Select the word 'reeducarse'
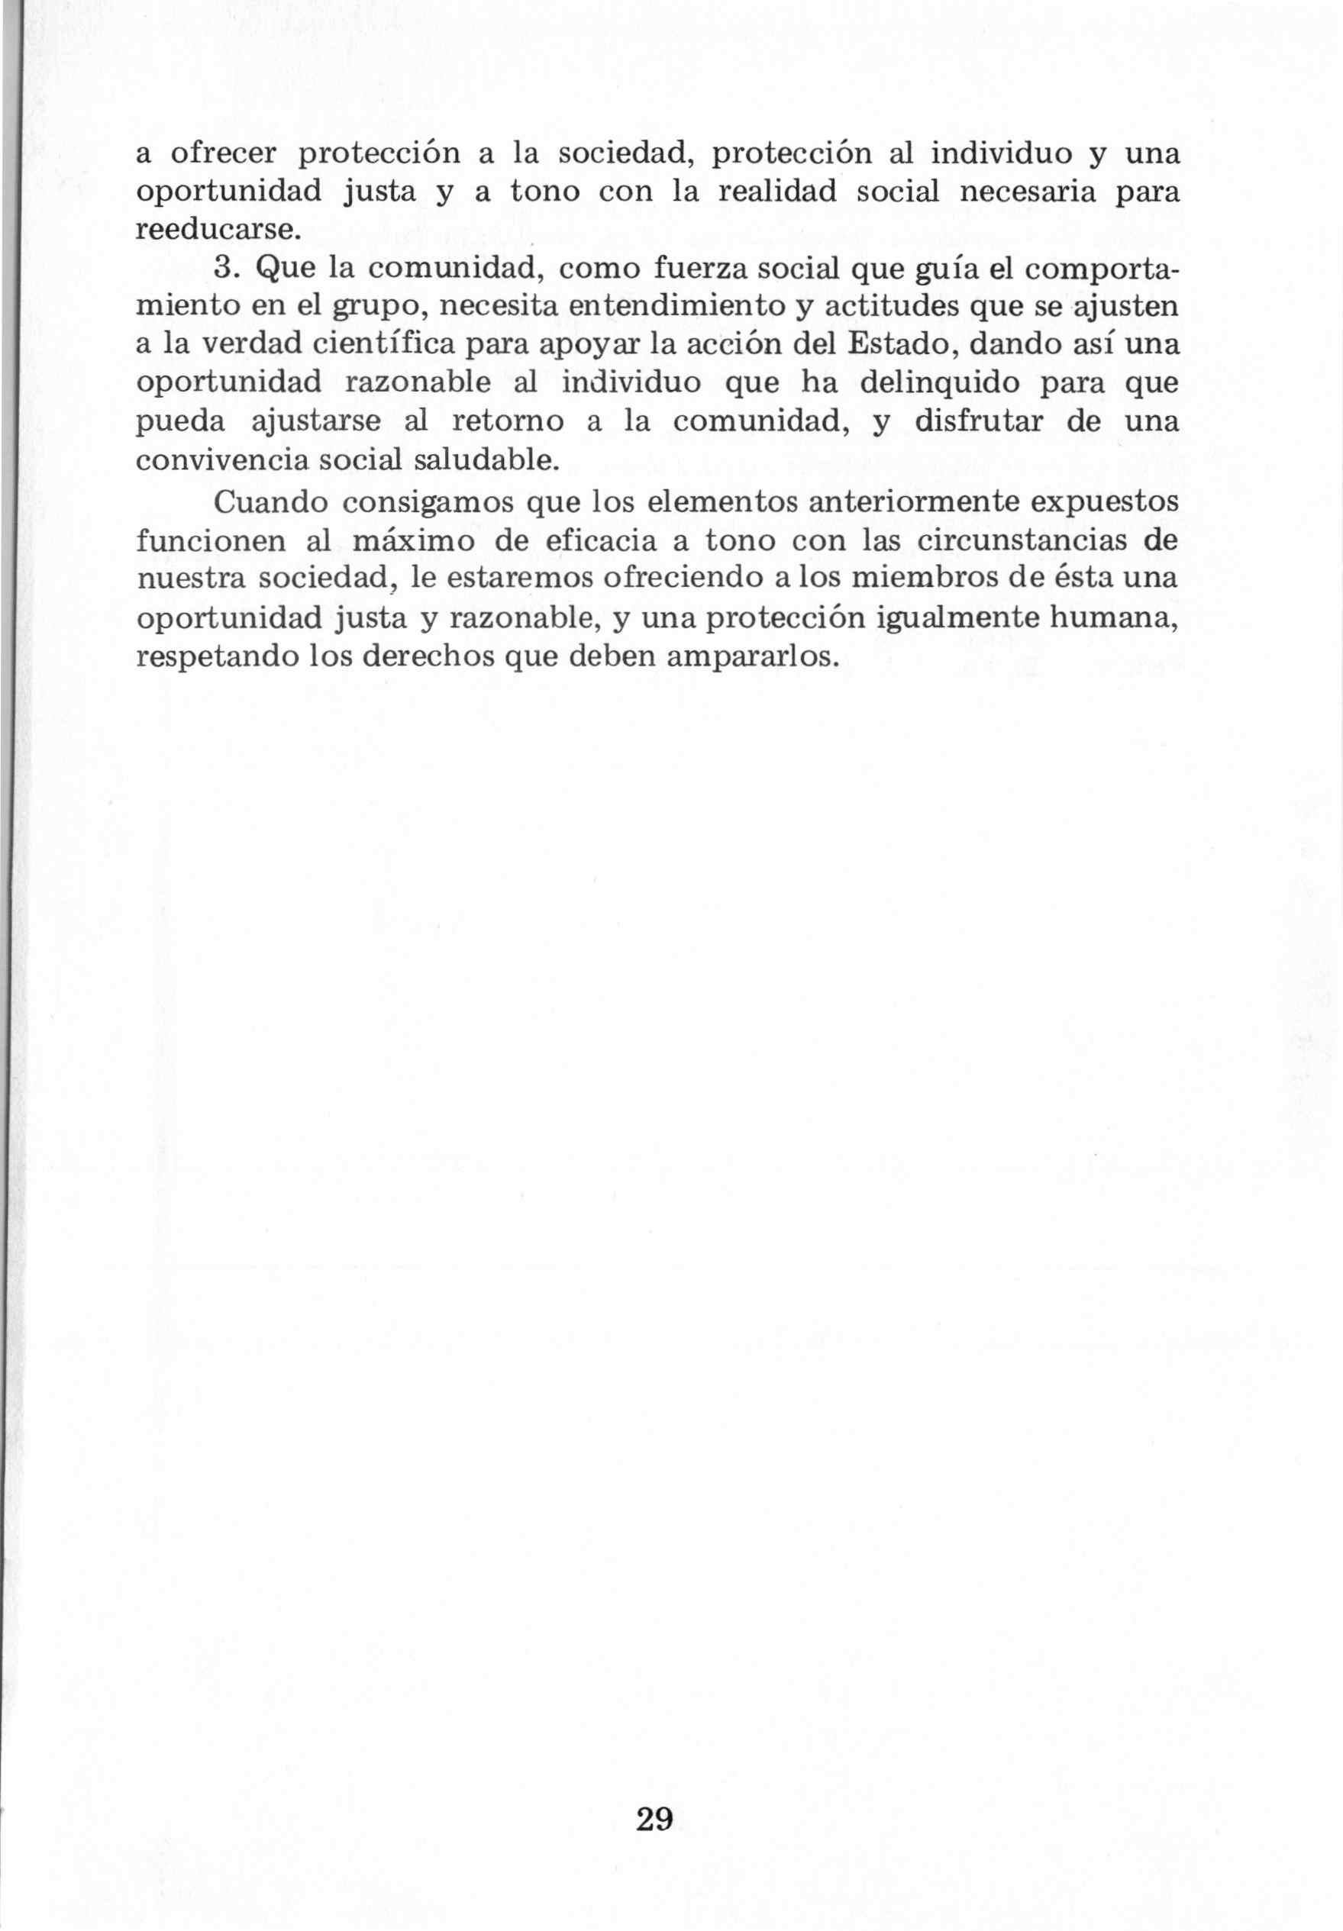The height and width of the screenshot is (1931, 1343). pyautogui.click(x=216, y=230)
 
